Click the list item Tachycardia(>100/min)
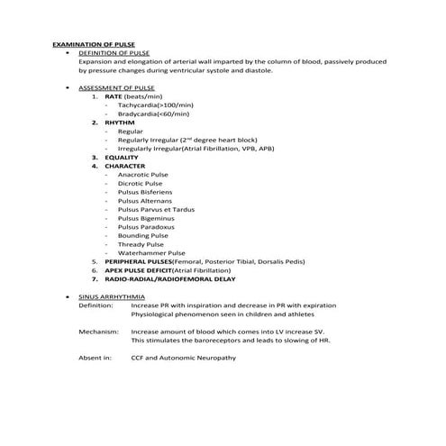(x=155, y=105)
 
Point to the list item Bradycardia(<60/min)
(x=153, y=114)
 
